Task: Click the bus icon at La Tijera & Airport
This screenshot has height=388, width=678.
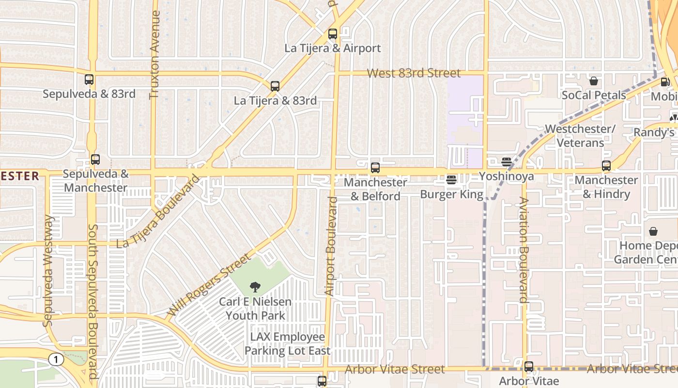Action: [x=333, y=34]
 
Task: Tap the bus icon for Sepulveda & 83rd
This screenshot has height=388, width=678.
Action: [x=89, y=80]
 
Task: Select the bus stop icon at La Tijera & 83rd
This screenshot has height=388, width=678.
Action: [x=275, y=86]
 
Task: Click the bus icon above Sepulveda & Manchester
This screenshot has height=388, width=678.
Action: [x=95, y=160]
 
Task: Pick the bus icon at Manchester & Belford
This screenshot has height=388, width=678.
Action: [x=375, y=168]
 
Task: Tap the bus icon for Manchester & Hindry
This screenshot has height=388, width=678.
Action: [x=606, y=166]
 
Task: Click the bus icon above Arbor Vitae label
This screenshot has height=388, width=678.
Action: [x=529, y=367]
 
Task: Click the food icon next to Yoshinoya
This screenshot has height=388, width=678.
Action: [x=507, y=162]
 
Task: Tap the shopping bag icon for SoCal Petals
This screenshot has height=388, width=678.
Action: [x=594, y=81]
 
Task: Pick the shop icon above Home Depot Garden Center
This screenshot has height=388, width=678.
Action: [x=653, y=231]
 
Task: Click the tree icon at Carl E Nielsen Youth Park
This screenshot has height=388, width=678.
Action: [x=255, y=287]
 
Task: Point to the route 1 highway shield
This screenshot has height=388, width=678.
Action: [x=56, y=359]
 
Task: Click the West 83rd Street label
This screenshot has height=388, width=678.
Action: [x=414, y=73]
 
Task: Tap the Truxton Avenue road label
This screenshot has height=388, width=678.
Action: [x=155, y=54]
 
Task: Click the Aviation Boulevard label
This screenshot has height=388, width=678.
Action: [x=523, y=250]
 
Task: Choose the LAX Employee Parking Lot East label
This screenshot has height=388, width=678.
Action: [x=288, y=344]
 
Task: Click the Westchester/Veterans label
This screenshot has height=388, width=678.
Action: [x=580, y=136]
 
